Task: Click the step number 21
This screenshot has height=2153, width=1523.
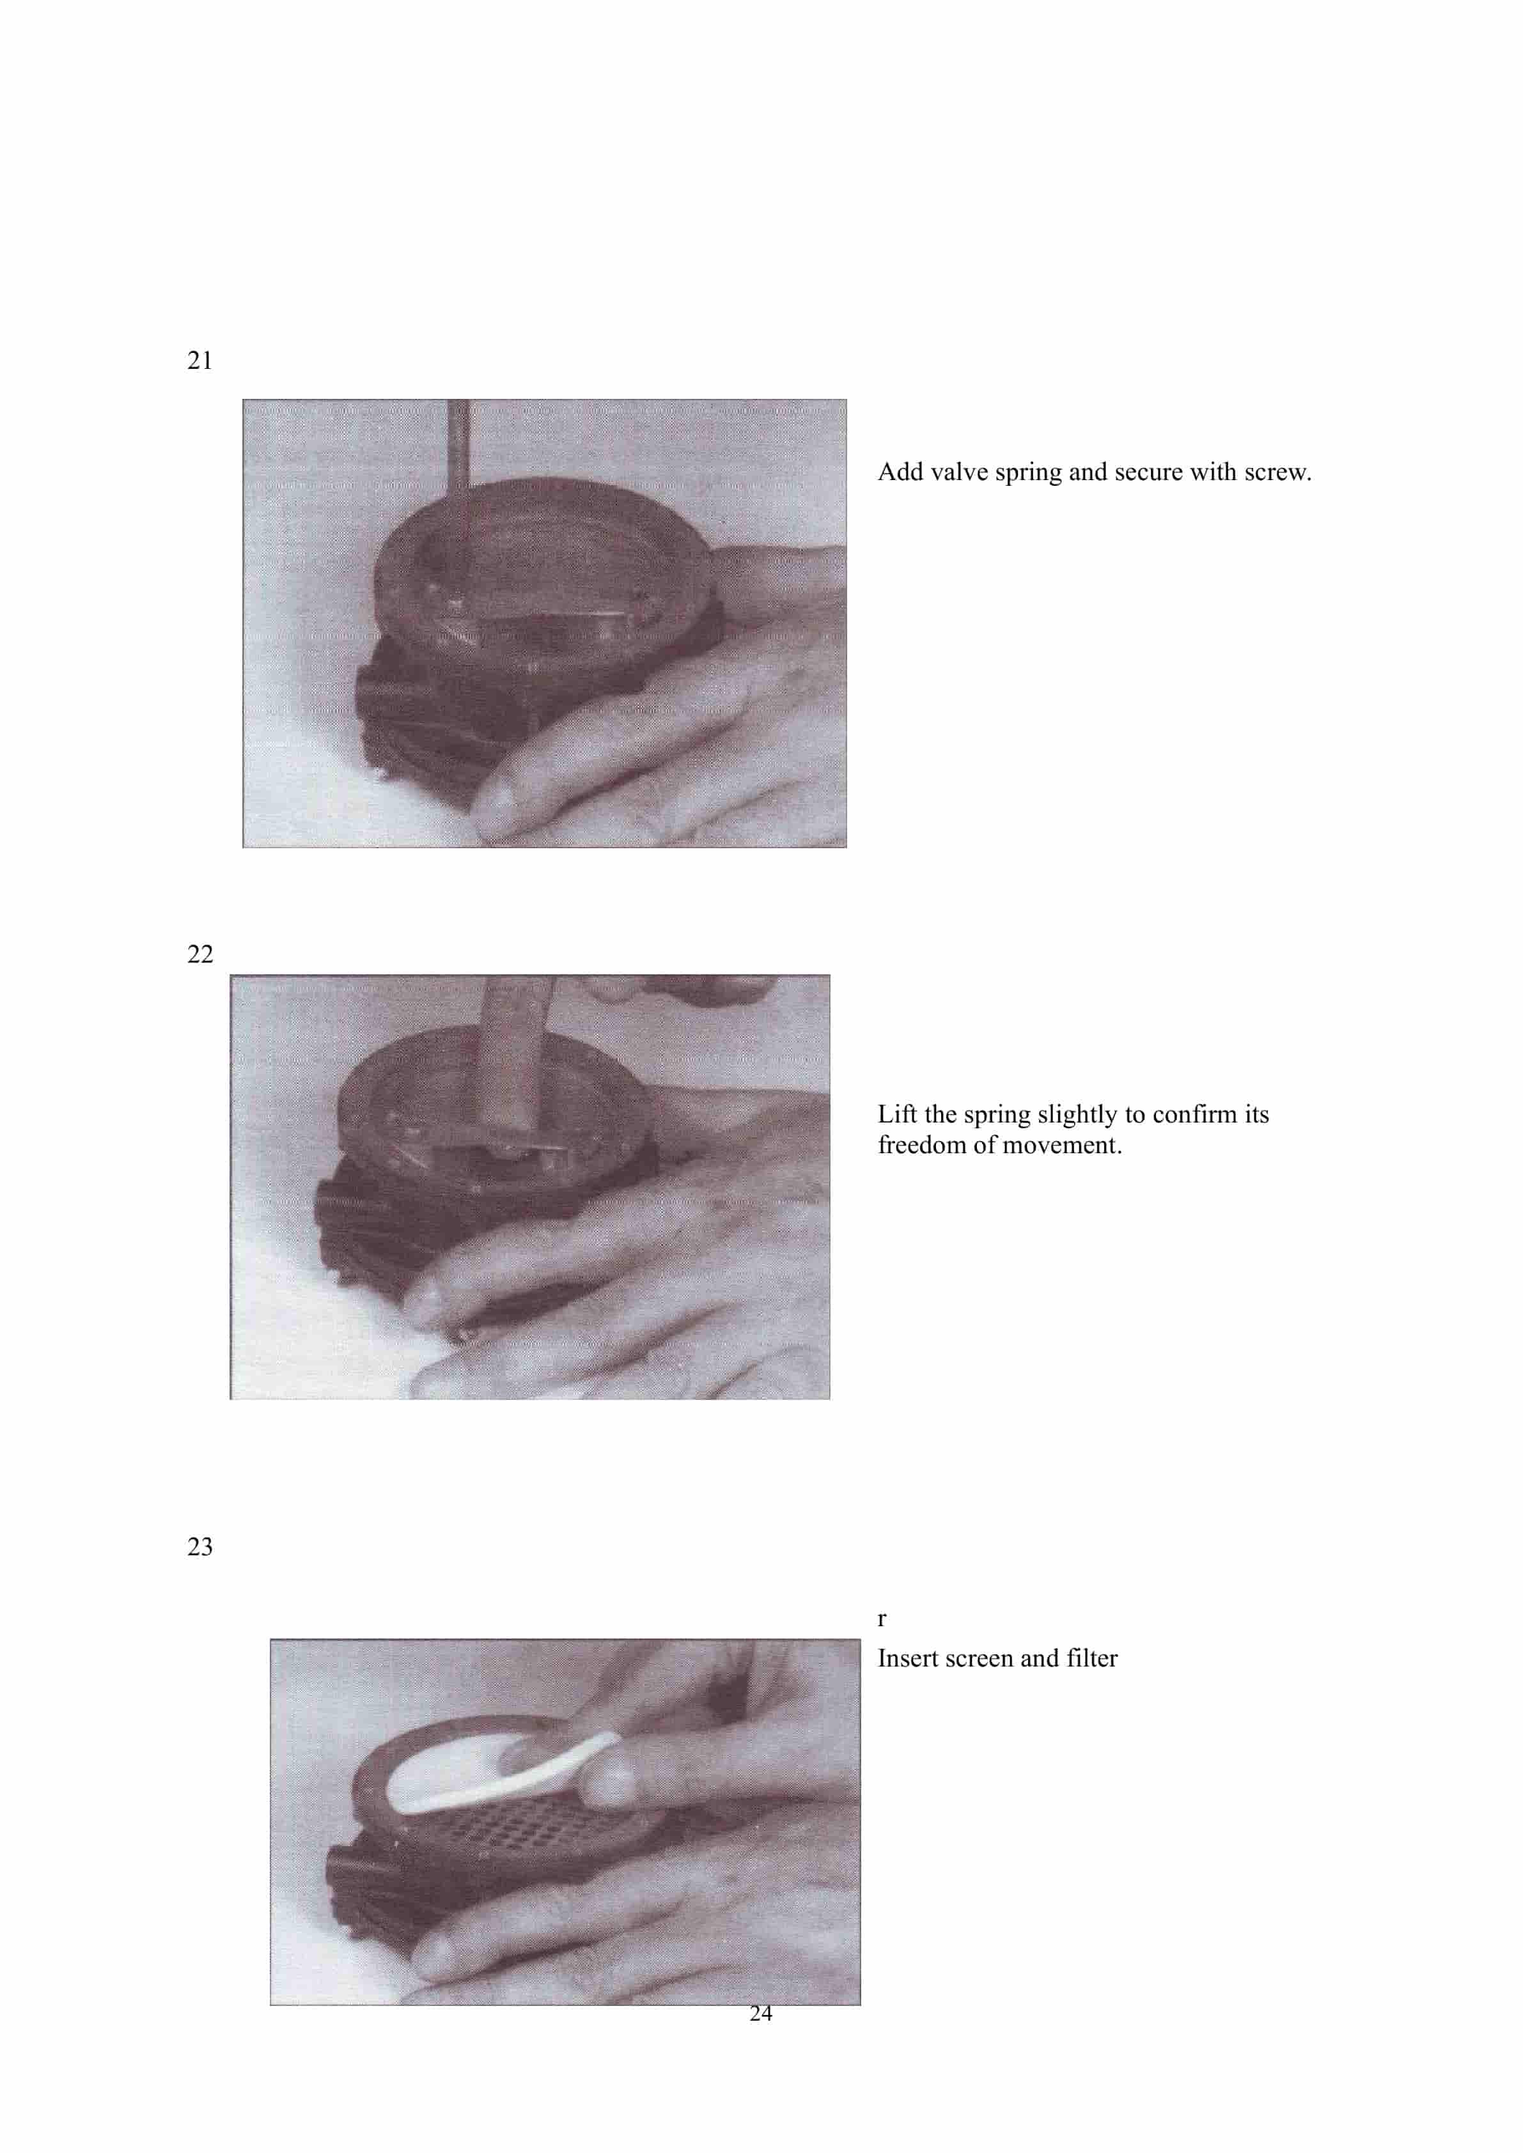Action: click(x=199, y=361)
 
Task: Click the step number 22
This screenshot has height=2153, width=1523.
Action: click(x=199, y=954)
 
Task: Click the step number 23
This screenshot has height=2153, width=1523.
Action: click(x=199, y=1547)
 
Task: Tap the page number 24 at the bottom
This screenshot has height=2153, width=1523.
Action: click(x=761, y=2013)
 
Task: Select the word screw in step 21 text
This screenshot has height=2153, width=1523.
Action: click(x=1276, y=472)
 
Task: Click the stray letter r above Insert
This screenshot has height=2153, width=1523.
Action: click(x=882, y=1619)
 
